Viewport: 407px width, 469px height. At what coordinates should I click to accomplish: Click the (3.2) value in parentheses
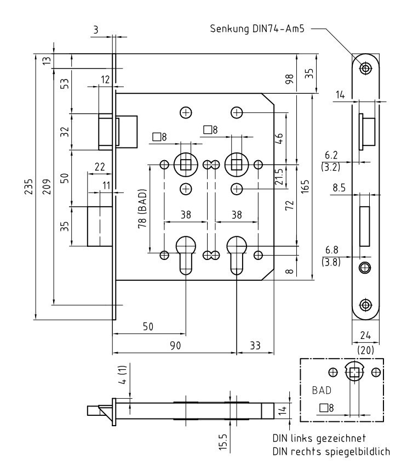pos(332,166)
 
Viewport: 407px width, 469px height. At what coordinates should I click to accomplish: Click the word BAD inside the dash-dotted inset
pos(322,391)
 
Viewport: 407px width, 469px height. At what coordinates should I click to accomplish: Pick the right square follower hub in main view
pos(237,163)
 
